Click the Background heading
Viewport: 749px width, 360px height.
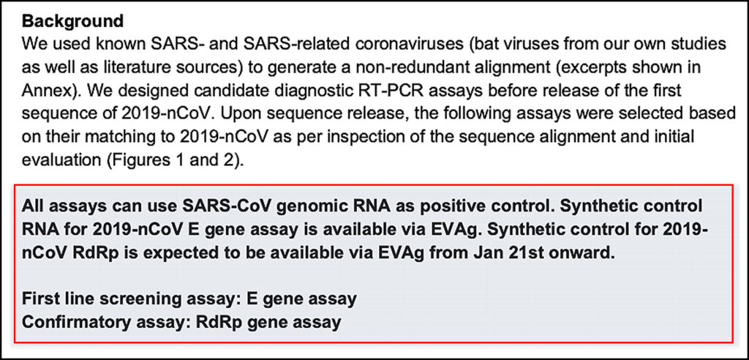coord(72,20)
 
